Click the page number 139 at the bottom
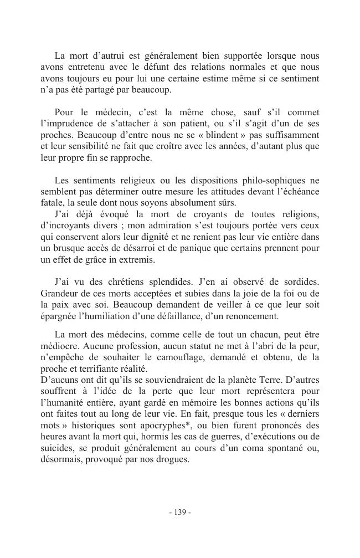coord(180,512)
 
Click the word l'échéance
coord(292,192)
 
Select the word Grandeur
coord(60,294)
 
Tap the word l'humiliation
coord(104,317)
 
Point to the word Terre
coord(240,381)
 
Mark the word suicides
coord(58,448)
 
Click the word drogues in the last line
coord(172,459)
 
